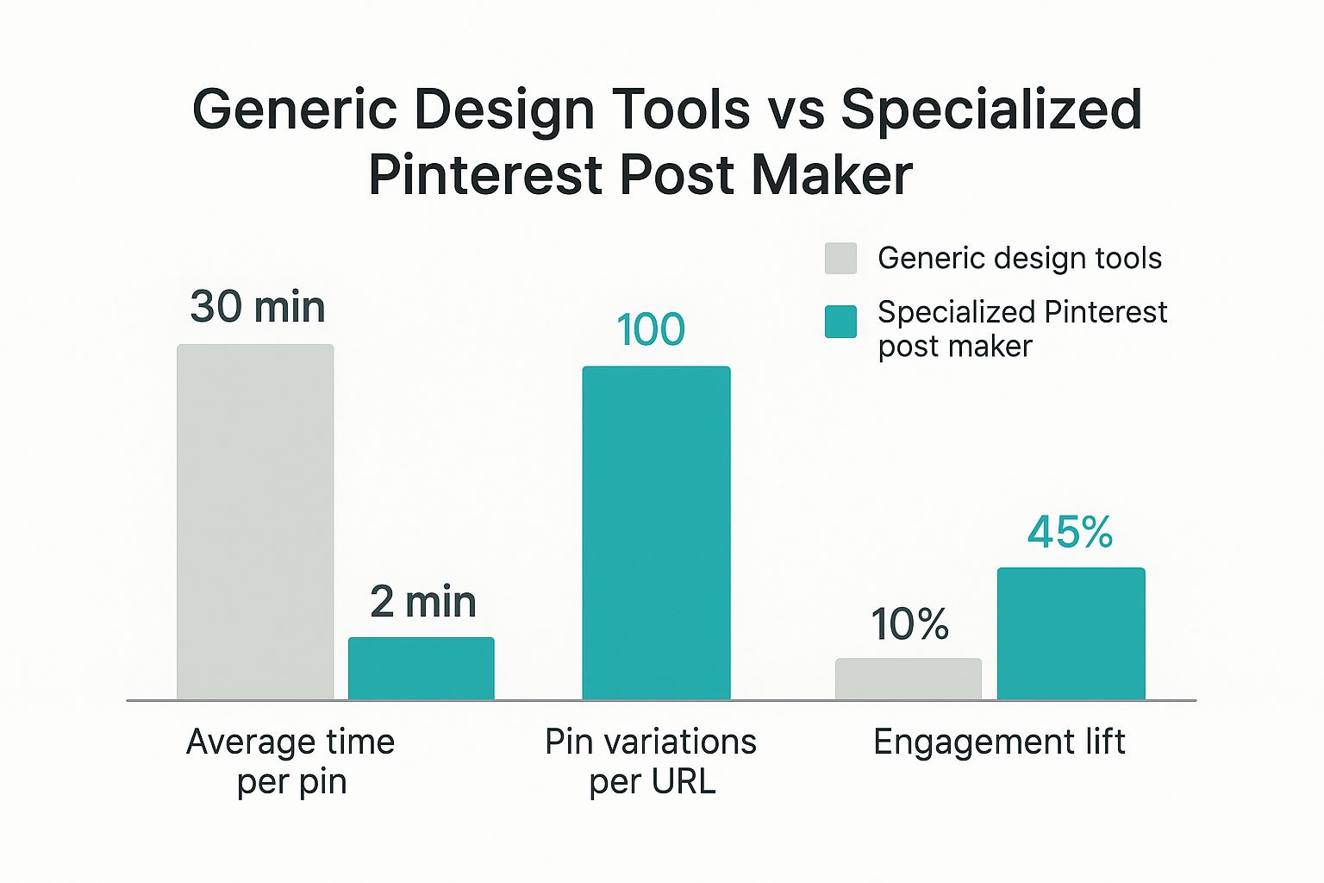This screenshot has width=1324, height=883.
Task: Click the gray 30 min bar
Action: pyautogui.click(x=255, y=522)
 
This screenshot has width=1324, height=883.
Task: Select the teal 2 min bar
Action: pyautogui.click(x=422, y=668)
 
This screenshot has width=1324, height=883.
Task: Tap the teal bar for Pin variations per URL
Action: pyautogui.click(x=656, y=533)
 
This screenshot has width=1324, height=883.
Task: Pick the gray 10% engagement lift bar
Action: pyautogui.click(x=908, y=679)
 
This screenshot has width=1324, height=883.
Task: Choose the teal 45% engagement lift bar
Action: pyautogui.click(x=1071, y=633)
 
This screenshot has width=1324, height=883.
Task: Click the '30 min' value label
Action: pyautogui.click(x=257, y=307)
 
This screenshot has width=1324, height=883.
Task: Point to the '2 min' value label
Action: pyautogui.click(x=422, y=602)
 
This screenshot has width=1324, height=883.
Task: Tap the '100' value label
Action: pyautogui.click(x=651, y=329)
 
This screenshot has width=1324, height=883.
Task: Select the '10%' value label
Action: pyautogui.click(x=909, y=624)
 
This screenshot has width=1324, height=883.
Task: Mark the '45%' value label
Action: pyautogui.click(x=1070, y=532)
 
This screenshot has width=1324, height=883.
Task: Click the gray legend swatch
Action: pyautogui.click(x=840, y=259)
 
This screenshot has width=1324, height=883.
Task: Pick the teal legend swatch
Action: pyautogui.click(x=840, y=322)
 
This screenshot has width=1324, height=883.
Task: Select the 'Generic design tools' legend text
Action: pyautogui.click(x=1019, y=258)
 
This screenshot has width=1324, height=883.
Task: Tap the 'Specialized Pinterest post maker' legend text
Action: pyautogui.click(x=1021, y=329)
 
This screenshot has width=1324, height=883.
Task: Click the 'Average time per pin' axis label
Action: pyautogui.click(x=290, y=761)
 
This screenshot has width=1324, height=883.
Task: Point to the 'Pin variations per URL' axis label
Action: pyautogui.click(x=651, y=761)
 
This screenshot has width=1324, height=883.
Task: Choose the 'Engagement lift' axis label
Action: pyautogui.click(x=999, y=742)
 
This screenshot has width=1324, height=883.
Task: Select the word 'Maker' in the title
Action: pyautogui.click(x=831, y=175)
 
